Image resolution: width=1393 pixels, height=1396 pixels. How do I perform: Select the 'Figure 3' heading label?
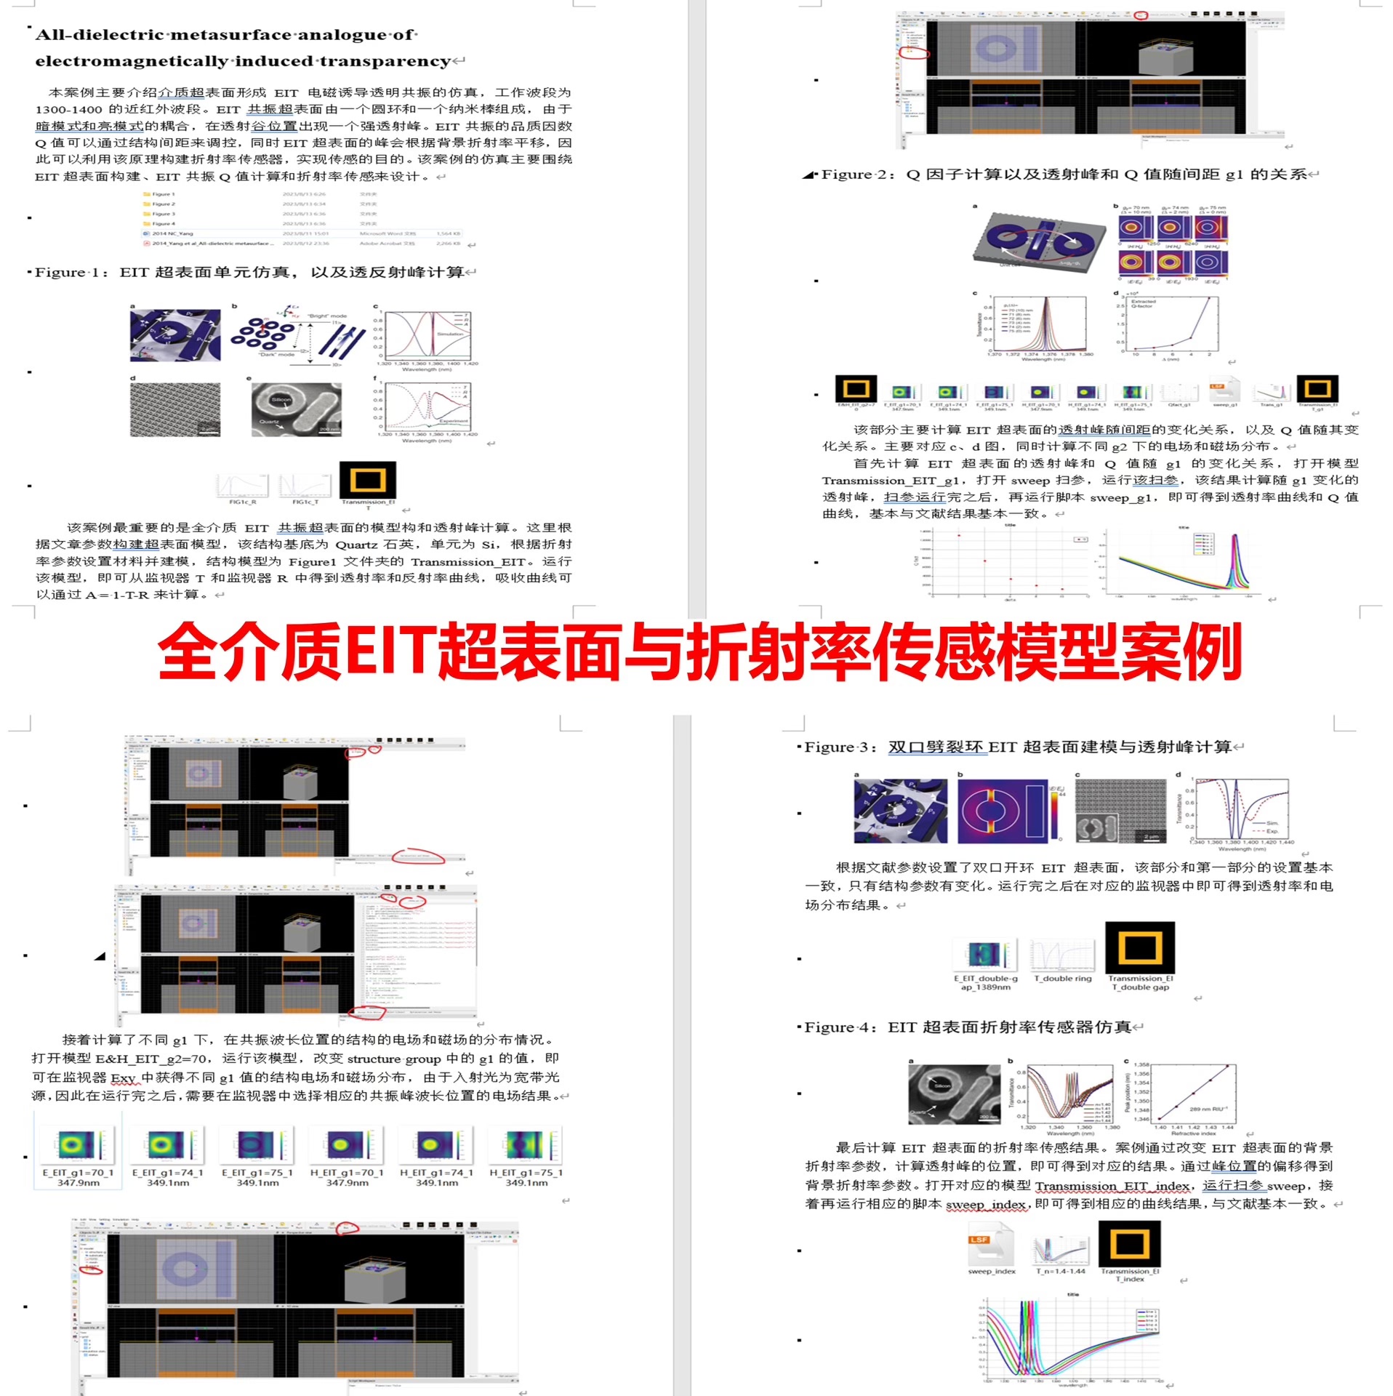point(840,747)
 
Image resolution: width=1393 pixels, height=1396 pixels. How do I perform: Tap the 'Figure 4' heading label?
point(840,1027)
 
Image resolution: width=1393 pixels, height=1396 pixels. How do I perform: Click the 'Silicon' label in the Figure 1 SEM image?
point(281,400)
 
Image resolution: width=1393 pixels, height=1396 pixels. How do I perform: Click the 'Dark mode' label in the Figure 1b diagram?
point(276,354)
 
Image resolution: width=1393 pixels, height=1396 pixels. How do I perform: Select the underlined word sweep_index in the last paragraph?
point(985,1205)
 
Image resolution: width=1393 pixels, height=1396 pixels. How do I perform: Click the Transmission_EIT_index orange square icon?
point(1129,1244)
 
